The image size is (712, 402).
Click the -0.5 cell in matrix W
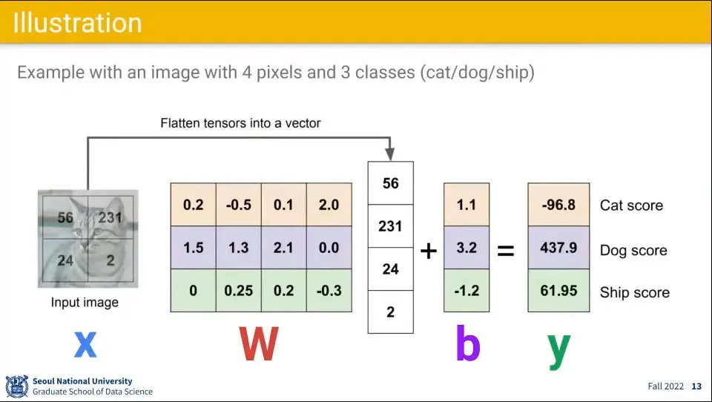[238, 205]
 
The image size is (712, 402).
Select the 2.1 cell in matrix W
[283, 248]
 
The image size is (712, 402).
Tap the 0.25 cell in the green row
[238, 291]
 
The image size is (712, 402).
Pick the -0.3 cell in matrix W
[329, 291]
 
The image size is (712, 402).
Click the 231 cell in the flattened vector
[391, 226]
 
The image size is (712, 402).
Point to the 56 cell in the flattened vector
[391, 183]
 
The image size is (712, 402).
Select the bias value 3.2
[467, 248]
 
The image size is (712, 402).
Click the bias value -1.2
[467, 291]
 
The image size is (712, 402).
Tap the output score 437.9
[558, 248]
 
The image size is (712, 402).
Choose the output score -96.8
[558, 205]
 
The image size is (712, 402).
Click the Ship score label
[634, 293]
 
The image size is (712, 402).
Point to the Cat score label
[631, 205]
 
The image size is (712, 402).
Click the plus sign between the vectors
[428, 251]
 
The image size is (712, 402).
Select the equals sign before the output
[505, 251]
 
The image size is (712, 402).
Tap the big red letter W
[259, 344]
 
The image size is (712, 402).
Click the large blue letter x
[85, 344]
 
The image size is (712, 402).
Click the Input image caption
[85, 303]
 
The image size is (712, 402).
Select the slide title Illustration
[77, 22]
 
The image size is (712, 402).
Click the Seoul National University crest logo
[16, 386]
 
